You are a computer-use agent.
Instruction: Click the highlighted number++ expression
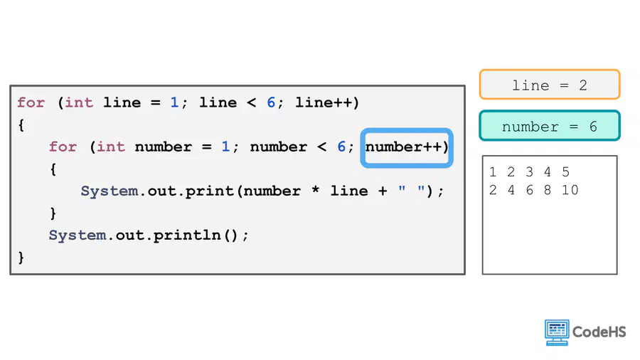click(x=407, y=147)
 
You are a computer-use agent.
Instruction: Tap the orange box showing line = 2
click(x=550, y=85)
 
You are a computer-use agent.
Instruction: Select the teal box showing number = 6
click(x=550, y=126)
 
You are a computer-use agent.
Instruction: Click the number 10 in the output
click(x=570, y=190)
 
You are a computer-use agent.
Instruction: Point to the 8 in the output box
click(x=548, y=190)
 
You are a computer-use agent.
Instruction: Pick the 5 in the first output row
click(x=565, y=172)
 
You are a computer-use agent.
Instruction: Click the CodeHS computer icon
click(x=557, y=332)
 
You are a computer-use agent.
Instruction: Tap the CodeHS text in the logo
click(x=599, y=332)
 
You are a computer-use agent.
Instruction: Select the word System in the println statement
click(x=77, y=235)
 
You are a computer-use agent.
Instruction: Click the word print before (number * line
click(x=209, y=191)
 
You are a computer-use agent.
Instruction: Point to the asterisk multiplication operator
click(x=315, y=189)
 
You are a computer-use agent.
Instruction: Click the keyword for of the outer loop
click(x=31, y=102)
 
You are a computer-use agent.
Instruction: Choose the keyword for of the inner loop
click(x=63, y=147)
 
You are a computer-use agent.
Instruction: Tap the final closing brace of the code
click(x=21, y=258)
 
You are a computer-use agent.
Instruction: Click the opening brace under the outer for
click(x=21, y=125)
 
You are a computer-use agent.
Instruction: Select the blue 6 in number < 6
click(x=341, y=147)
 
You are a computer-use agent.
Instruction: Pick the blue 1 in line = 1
click(x=174, y=102)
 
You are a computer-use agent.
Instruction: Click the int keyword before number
click(x=111, y=147)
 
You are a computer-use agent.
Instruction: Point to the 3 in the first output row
click(x=529, y=172)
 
